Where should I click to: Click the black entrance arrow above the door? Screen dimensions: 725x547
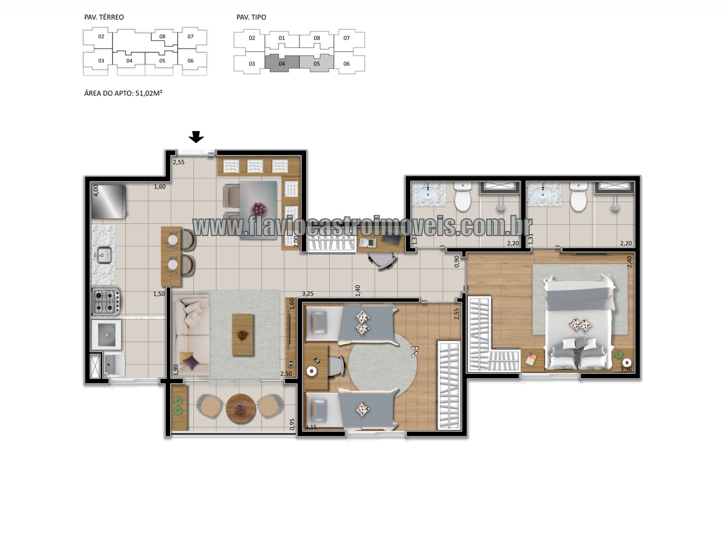pos(196,137)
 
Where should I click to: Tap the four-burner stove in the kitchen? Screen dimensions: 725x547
pos(106,301)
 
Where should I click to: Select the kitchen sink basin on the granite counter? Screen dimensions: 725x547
pos(104,255)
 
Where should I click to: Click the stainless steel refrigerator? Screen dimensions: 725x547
pos(108,201)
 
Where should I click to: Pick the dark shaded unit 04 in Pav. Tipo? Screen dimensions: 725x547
pos(282,63)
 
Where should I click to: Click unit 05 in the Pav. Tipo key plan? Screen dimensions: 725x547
pos(316,63)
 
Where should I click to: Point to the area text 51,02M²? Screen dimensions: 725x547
pos(149,93)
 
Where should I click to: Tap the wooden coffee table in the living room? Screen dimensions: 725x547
pos(242,335)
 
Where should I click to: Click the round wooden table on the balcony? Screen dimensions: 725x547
pos(240,408)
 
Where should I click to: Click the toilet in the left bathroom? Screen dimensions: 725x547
pos(462,197)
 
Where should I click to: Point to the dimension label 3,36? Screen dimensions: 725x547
pos(626,370)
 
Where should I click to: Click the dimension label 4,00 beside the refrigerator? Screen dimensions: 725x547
pos(95,190)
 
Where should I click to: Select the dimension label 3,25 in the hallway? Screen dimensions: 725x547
pos(308,294)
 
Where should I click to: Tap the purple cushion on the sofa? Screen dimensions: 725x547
pos(191,362)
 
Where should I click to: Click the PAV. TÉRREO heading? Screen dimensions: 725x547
pos(104,17)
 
